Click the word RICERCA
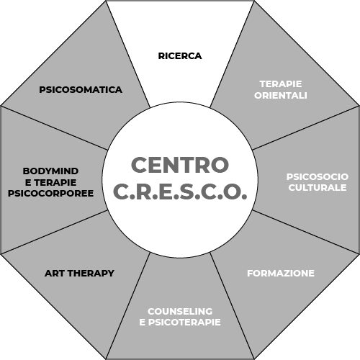(180, 56)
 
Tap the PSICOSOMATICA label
(81, 90)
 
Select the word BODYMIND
(50, 171)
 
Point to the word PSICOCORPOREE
(50, 194)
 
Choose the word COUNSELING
(180, 311)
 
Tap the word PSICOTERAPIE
(184, 322)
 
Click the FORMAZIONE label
(281, 274)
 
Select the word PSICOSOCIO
(318, 177)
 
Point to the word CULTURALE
(318, 188)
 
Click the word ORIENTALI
(281, 96)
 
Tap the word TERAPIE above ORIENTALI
(281, 84)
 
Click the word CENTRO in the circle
(180, 165)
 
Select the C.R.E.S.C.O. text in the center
(180, 192)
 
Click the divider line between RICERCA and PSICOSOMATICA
(128, 54)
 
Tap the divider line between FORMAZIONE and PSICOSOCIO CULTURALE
(306, 232)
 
